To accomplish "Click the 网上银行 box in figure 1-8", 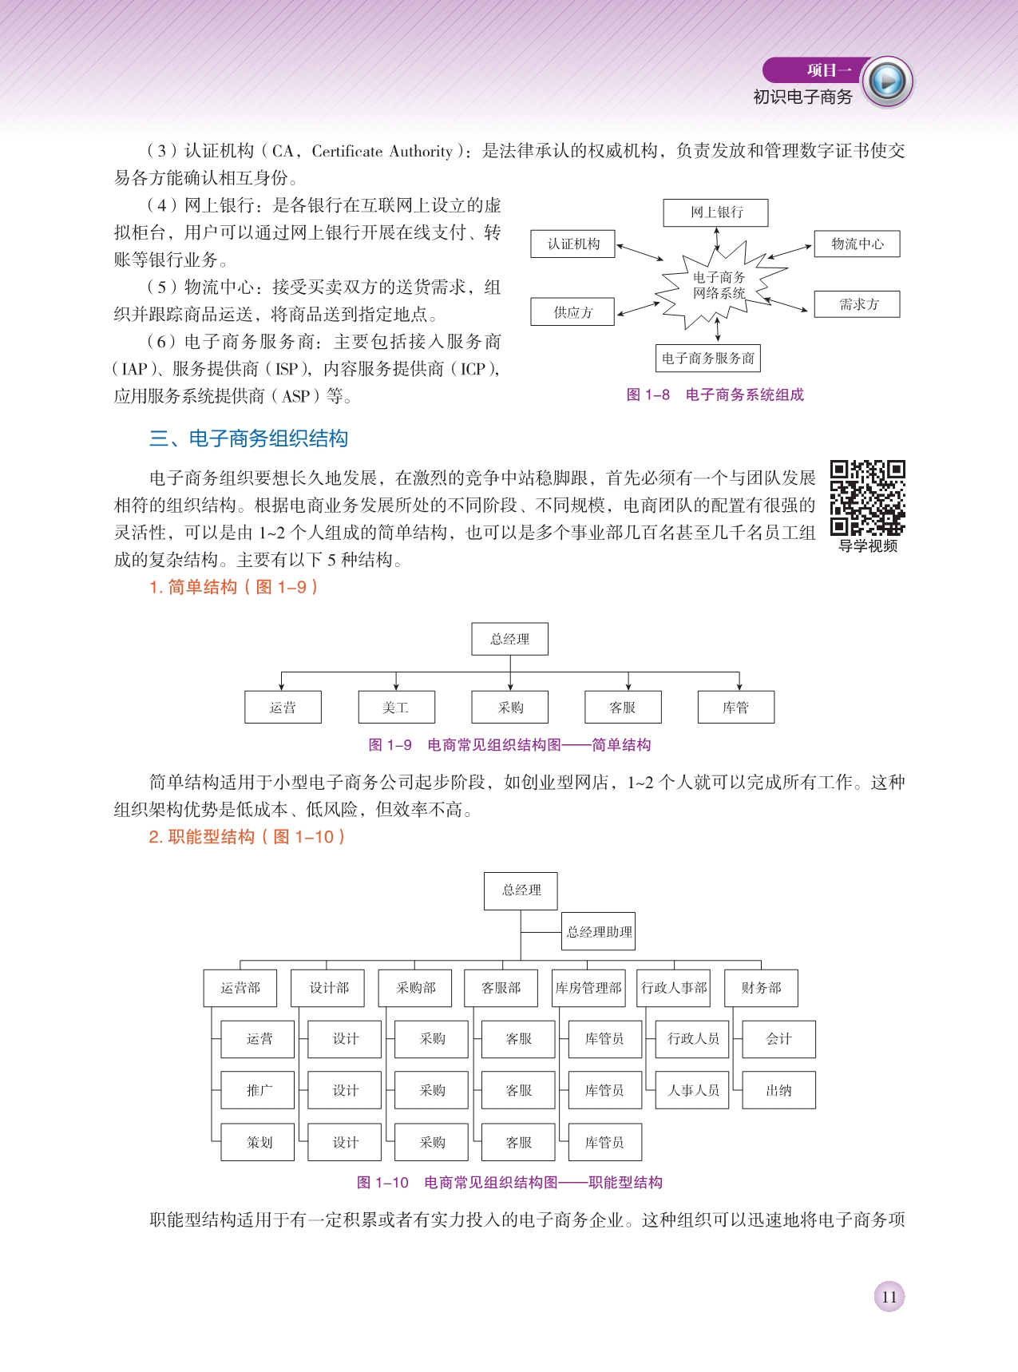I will [715, 212].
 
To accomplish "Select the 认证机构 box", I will [573, 244].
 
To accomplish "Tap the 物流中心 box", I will [857, 244].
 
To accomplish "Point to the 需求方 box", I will [857, 304].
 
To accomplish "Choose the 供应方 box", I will [572, 311].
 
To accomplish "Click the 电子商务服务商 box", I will [707, 359].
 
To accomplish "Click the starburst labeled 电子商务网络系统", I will [719, 286].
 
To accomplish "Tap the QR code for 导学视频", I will [867, 498].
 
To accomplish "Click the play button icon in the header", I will [888, 81].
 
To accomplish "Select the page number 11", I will [889, 1296].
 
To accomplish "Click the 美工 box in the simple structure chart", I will [396, 708].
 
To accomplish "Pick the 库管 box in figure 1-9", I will [735, 708].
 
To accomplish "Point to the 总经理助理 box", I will [599, 932].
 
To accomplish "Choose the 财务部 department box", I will [760, 988].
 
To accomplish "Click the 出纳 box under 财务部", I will [778, 1090].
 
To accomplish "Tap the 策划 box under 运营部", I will [259, 1142].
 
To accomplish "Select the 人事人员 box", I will [692, 1090].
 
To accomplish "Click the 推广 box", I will [259, 1090].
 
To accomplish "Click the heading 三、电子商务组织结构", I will [248, 438].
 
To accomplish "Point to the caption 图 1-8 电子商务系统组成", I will [715, 395].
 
